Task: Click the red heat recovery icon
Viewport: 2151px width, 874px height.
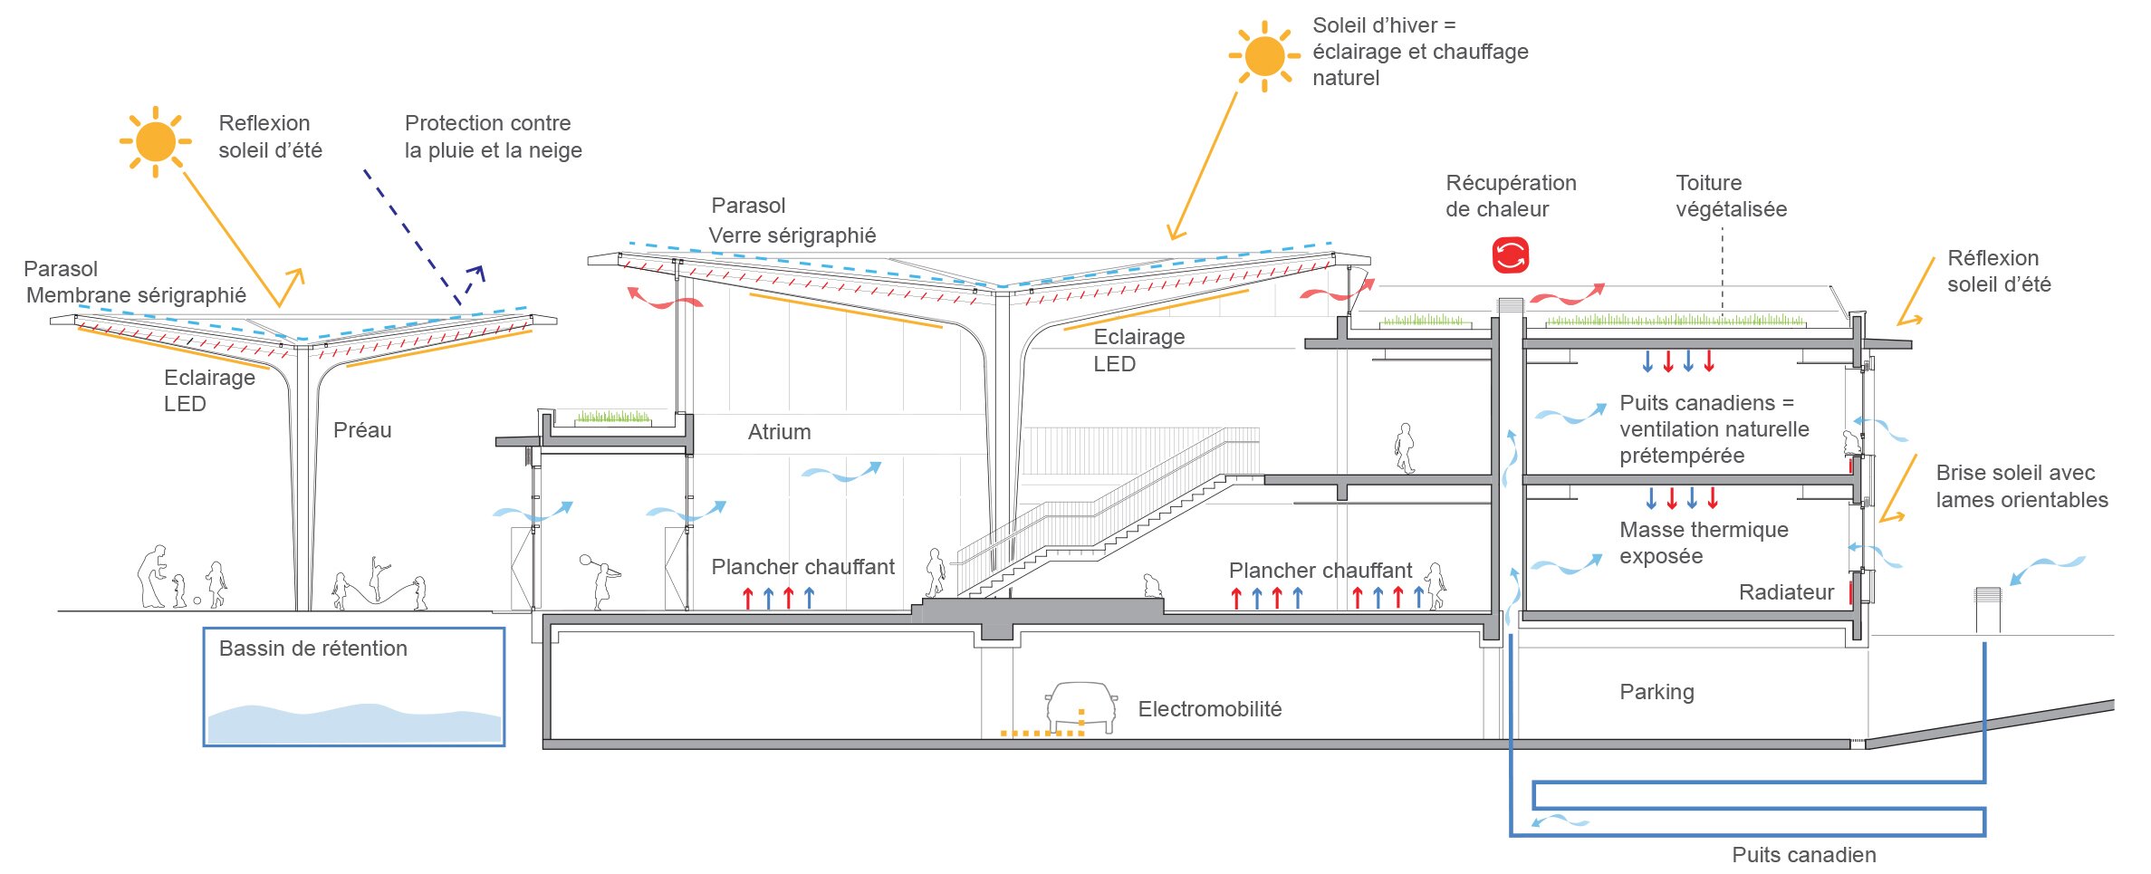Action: pyautogui.click(x=1510, y=255)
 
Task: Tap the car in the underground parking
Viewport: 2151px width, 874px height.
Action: pyautogui.click(x=1081, y=706)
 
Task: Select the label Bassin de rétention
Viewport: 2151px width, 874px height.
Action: pyautogui.click(x=313, y=648)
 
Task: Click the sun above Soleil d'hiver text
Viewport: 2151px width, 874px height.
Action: pyautogui.click(x=1264, y=56)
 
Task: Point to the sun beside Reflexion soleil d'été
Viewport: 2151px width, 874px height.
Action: pyautogui.click(x=155, y=142)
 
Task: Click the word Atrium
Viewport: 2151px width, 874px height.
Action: pyautogui.click(x=779, y=432)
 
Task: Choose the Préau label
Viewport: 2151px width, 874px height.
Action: pyautogui.click(x=362, y=430)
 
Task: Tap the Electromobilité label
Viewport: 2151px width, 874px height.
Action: pyautogui.click(x=1209, y=709)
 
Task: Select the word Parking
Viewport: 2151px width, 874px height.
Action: pyautogui.click(x=1656, y=692)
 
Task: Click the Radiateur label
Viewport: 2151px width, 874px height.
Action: pyautogui.click(x=1786, y=592)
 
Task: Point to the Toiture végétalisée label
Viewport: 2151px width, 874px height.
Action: pyautogui.click(x=1731, y=196)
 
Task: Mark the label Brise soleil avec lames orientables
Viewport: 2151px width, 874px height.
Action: pyautogui.click(x=2021, y=486)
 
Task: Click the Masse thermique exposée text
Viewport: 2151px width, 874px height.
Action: pyautogui.click(x=1704, y=543)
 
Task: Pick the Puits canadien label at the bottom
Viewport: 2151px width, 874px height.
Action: pyautogui.click(x=1803, y=854)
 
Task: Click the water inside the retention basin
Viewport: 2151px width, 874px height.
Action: pyautogui.click(x=353, y=725)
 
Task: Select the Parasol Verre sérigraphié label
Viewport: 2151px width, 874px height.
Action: pyautogui.click(x=792, y=221)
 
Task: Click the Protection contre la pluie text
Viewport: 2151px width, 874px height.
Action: pyautogui.click(x=493, y=137)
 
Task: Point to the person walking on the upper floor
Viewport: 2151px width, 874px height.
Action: pyautogui.click(x=1405, y=448)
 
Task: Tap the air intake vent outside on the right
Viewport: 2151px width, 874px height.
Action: pyautogui.click(x=1987, y=610)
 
